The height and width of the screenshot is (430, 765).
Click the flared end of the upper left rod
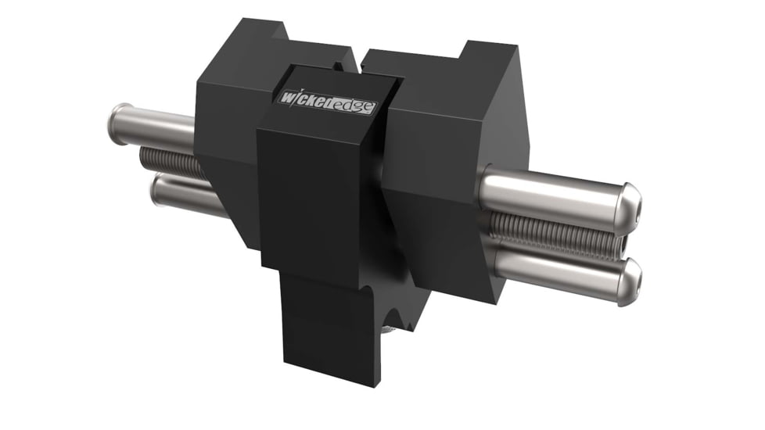[x=120, y=118]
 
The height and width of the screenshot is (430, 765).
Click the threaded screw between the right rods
[x=548, y=231]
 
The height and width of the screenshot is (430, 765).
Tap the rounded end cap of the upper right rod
[x=629, y=203]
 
